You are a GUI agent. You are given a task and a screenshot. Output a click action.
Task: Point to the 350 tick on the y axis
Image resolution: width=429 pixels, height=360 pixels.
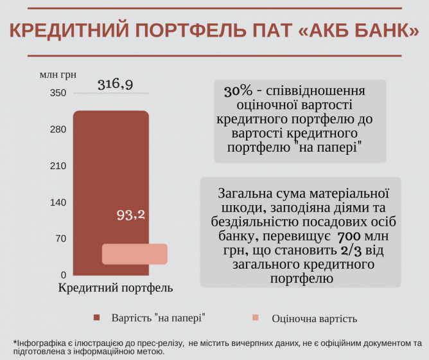click(58, 93)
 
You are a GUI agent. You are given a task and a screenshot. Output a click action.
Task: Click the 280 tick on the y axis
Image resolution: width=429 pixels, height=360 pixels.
click(58, 130)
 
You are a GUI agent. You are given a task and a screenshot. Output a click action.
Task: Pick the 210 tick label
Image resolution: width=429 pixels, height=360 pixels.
click(58, 166)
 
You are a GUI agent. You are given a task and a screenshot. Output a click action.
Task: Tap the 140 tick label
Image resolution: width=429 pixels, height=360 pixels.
click(58, 203)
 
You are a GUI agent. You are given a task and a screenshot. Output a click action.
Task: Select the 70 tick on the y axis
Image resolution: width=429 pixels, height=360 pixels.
click(61, 239)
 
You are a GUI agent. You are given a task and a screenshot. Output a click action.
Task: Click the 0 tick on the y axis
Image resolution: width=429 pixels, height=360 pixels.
click(63, 274)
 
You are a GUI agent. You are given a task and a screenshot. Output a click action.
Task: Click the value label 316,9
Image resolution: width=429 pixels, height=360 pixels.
click(116, 84)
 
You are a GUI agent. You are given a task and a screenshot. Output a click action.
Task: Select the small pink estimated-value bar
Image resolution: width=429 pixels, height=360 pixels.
click(135, 254)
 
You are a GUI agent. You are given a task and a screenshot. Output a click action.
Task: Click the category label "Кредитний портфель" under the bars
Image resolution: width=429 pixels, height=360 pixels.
click(116, 288)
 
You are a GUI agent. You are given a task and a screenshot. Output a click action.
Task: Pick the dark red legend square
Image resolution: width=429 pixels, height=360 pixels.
click(98, 318)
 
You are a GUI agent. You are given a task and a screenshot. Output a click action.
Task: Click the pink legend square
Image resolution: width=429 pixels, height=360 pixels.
click(255, 318)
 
